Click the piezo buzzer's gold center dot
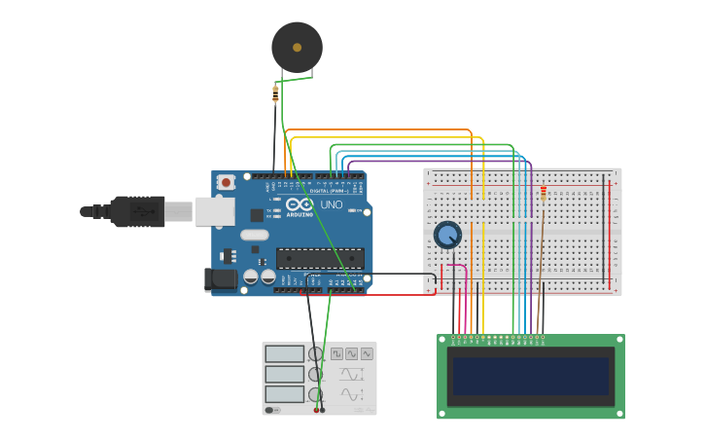click(x=297, y=46)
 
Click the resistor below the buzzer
click(x=275, y=94)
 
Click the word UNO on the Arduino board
click(x=331, y=205)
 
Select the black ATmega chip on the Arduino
click(x=320, y=258)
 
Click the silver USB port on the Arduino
click(x=215, y=211)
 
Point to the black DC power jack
click(x=223, y=279)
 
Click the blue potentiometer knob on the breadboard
click(x=447, y=235)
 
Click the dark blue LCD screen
click(x=531, y=376)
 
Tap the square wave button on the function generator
click(x=336, y=354)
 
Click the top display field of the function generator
click(x=285, y=354)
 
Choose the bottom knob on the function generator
click(x=315, y=394)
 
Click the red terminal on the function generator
click(x=317, y=410)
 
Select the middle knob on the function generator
click(x=315, y=374)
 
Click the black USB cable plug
click(x=136, y=211)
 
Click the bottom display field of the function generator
click(x=285, y=394)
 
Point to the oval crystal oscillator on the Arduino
click(x=254, y=235)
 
